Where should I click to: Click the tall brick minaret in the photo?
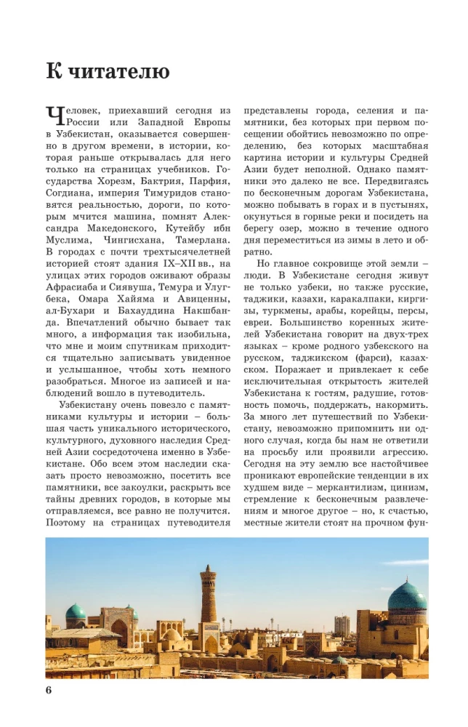(209, 596)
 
